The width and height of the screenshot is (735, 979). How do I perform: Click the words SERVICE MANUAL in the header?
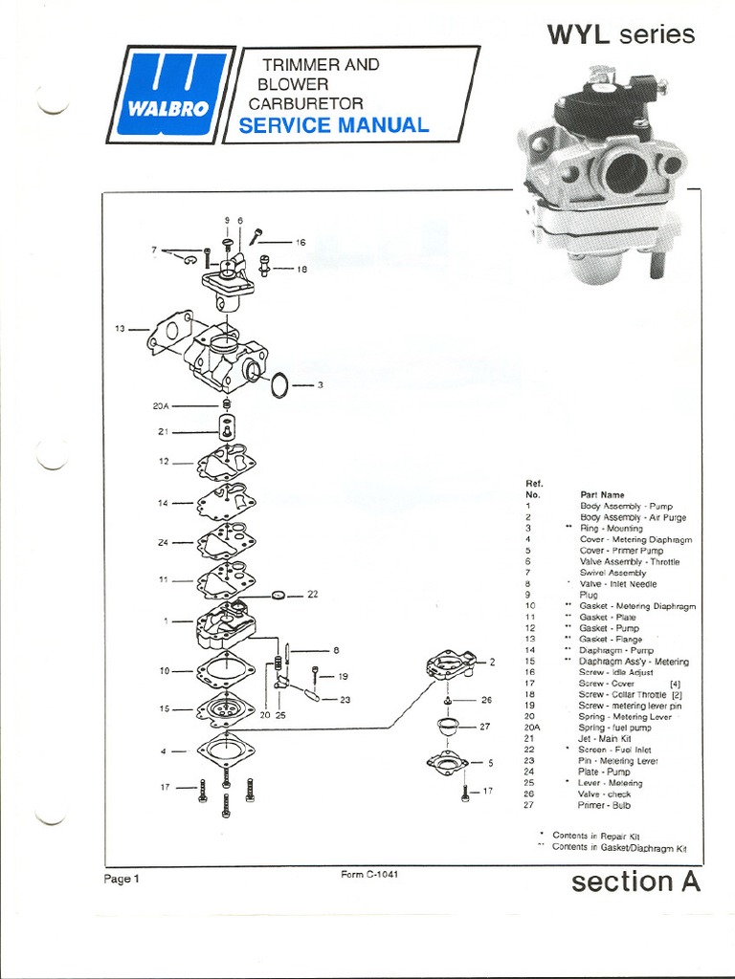pyautogui.click(x=333, y=125)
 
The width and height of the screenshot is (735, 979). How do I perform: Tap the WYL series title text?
pyautogui.click(x=620, y=35)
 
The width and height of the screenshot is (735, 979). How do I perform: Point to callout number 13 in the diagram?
pyautogui.click(x=122, y=329)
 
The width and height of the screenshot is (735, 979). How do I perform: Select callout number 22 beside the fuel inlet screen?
pyautogui.click(x=312, y=594)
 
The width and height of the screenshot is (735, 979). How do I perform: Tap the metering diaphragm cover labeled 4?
pyautogui.click(x=225, y=751)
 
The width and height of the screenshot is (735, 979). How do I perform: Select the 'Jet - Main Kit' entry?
pyautogui.click(x=607, y=739)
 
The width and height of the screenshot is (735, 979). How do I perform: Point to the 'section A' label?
pyautogui.click(x=635, y=881)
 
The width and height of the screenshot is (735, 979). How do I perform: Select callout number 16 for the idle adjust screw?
pyautogui.click(x=300, y=243)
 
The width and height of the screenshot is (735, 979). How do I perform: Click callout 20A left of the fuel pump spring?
pyautogui.click(x=161, y=405)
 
